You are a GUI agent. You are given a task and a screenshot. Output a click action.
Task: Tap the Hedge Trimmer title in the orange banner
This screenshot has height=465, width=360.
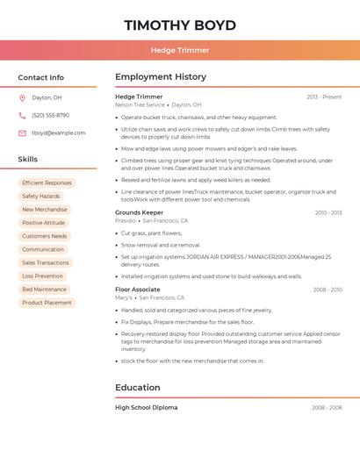[180, 51]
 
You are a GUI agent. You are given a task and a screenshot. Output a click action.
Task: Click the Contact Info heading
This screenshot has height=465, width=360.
[40, 77]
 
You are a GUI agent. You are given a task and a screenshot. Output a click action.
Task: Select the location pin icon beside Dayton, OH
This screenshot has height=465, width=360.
[22, 98]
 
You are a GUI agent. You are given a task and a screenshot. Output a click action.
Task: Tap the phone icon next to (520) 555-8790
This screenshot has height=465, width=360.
[22, 116]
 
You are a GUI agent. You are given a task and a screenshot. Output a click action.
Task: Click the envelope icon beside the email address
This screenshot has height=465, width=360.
[22, 133]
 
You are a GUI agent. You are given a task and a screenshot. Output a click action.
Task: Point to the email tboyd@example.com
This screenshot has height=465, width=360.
[58, 133]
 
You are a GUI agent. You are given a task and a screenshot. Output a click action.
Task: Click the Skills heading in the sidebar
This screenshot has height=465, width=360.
[28, 160]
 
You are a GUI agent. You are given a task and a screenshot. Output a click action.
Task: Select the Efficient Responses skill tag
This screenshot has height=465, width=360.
[47, 183]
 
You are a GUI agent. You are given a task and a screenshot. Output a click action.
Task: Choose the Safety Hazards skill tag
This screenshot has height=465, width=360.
[41, 197]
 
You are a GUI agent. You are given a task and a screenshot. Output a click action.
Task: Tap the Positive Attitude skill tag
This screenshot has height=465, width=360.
[44, 223]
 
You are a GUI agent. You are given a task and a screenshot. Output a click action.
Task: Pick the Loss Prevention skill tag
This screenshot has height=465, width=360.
[42, 276]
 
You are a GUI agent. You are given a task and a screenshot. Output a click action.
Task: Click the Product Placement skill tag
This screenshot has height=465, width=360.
[47, 303]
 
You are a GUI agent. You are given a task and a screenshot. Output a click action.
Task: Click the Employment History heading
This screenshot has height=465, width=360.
[161, 77]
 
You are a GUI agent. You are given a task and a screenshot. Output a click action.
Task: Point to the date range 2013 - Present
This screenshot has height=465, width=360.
[324, 97]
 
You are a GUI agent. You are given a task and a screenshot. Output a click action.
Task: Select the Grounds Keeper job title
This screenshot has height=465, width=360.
[139, 213]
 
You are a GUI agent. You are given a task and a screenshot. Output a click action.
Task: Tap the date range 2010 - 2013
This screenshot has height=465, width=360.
[328, 213]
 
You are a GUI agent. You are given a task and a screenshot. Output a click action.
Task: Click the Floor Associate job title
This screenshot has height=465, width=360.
[137, 290]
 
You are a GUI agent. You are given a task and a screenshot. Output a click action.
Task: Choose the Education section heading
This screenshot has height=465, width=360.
[137, 388]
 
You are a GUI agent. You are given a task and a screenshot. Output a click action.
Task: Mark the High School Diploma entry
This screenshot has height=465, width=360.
[146, 408]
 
